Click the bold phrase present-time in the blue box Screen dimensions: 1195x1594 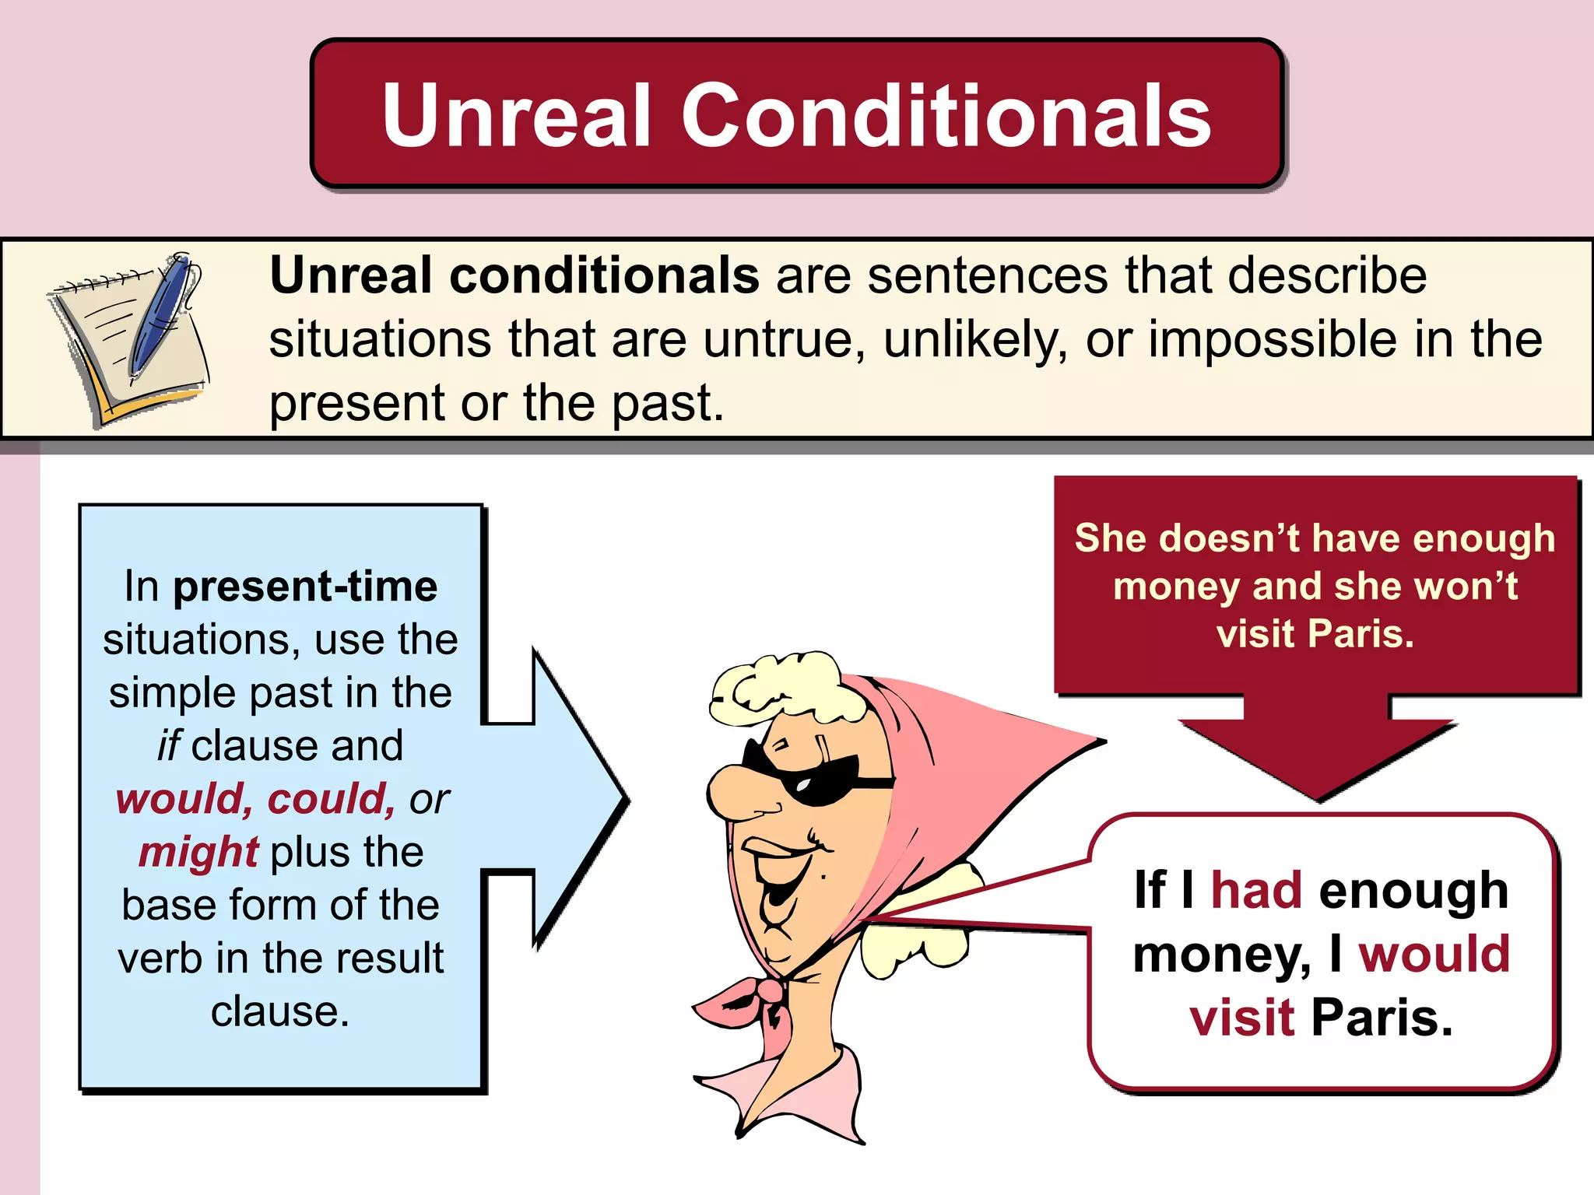coord(305,586)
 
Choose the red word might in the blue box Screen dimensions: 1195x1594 coord(198,852)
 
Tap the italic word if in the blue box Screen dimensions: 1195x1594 coord(169,746)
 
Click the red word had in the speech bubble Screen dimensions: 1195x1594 coord(1256,890)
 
